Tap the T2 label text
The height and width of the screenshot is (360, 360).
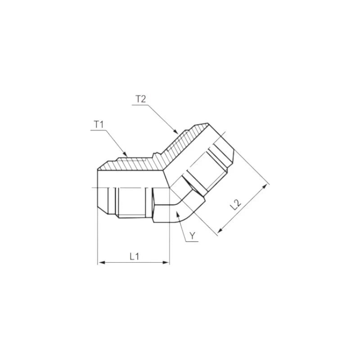(140, 99)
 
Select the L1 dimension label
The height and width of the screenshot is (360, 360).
(134, 256)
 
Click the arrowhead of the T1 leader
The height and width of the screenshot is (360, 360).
(128, 154)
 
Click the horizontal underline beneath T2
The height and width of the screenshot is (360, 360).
(140, 104)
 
